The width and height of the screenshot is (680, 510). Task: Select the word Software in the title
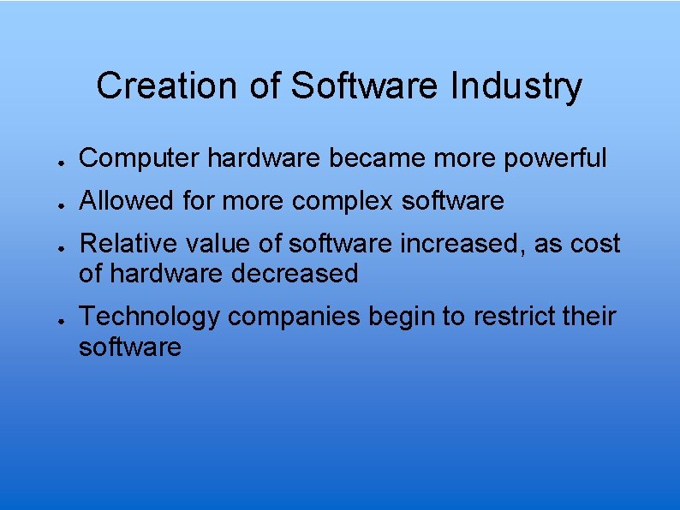366,86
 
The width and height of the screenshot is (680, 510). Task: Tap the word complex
343,202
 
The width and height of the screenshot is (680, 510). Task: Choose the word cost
594,244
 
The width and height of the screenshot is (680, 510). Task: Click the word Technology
149,317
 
